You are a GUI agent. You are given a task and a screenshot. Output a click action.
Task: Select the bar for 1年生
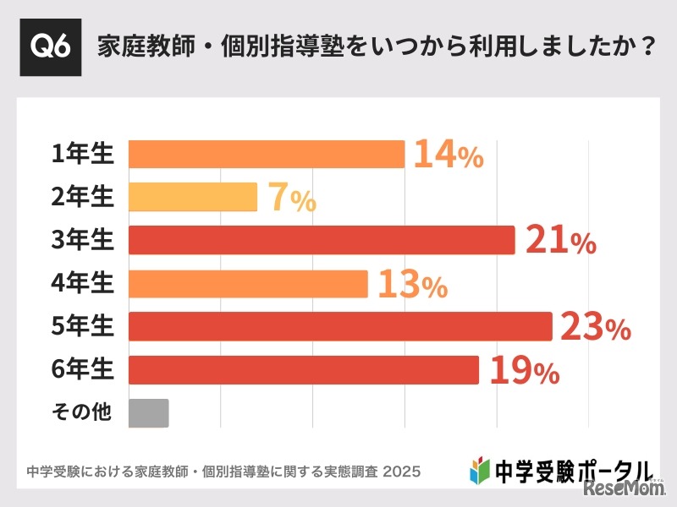tap(267, 154)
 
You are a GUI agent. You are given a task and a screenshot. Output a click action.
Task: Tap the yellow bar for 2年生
tap(193, 197)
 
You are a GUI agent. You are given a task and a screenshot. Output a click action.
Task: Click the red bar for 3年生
tap(322, 240)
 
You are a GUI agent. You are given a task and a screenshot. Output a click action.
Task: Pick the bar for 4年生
tap(248, 284)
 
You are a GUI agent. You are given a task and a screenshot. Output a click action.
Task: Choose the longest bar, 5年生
tap(340, 326)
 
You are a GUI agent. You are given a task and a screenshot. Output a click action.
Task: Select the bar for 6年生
tap(303, 369)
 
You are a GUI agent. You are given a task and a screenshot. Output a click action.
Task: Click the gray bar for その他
tap(149, 412)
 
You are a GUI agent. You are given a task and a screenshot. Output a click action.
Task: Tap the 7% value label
tap(292, 199)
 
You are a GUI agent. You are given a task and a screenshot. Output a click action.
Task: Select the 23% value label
tap(595, 328)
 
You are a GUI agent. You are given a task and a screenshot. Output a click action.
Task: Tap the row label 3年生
tap(82, 241)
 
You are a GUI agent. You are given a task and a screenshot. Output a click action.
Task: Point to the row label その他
tap(81, 413)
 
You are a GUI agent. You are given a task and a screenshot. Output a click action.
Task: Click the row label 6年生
tap(82, 370)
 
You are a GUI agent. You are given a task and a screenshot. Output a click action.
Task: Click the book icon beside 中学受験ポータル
tap(480, 469)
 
